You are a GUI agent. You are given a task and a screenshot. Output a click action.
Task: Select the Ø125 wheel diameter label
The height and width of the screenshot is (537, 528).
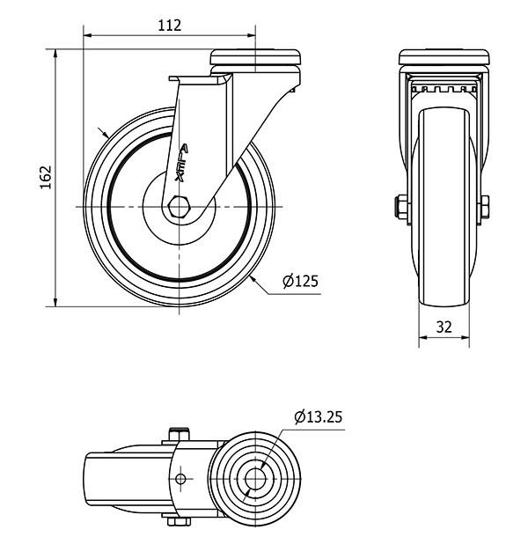299,282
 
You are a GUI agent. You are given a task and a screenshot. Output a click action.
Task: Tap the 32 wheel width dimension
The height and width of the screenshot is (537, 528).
444,327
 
